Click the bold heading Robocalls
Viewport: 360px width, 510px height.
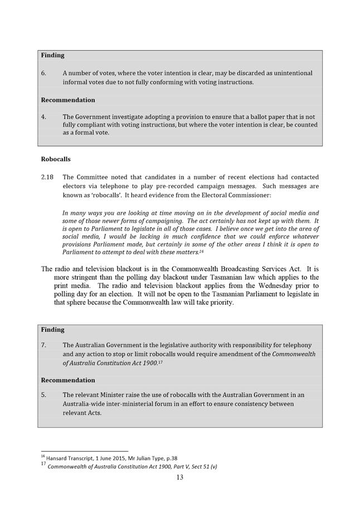[56, 159]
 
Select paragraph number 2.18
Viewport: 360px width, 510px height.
[47, 177]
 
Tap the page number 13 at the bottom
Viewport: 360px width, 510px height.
[179, 477]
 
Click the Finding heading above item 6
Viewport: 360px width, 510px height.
[52, 55]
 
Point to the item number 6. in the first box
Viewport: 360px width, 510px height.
[44, 73]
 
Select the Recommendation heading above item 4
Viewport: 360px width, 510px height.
[68, 100]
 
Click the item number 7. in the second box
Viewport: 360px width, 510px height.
[44, 345]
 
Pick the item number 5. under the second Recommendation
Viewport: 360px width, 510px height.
[44, 395]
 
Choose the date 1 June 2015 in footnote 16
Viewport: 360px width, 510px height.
[111, 458]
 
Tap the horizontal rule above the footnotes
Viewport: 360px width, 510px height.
[85, 451]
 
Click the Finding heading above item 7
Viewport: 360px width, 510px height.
[52, 329]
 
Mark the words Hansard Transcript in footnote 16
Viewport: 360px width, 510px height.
[70, 458]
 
